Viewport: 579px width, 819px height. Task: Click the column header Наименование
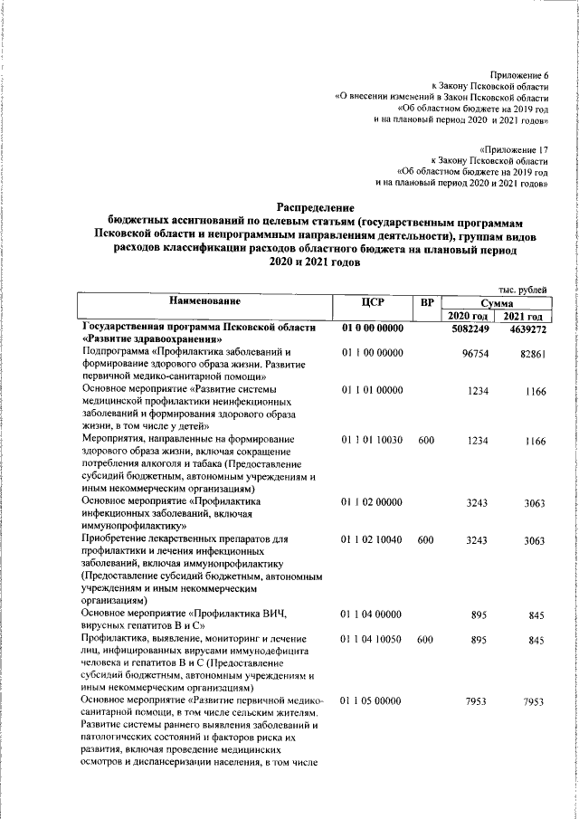(203, 301)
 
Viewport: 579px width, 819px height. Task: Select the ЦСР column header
(372, 301)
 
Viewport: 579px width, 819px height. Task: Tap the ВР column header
(424, 301)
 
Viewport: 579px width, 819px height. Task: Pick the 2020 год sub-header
(469, 316)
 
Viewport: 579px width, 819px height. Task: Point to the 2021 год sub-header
(524, 316)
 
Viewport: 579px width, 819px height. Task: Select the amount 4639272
(525, 329)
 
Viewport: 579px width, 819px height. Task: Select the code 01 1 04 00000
(372, 614)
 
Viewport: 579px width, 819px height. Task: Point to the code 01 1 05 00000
(372, 700)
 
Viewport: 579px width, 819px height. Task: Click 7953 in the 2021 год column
(534, 701)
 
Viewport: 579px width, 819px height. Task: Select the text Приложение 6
(520, 73)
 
